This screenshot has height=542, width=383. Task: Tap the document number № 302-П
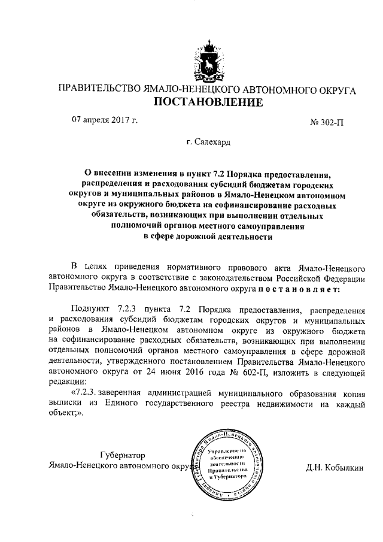[327, 123]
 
